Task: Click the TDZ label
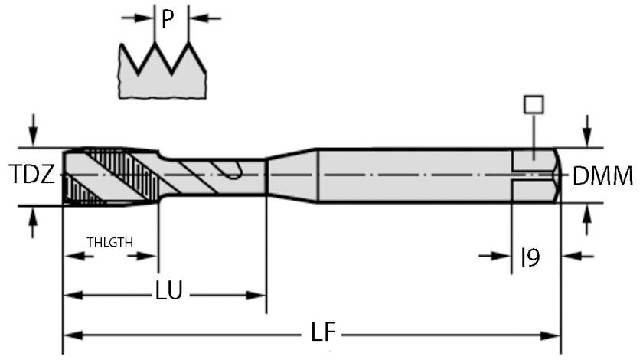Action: [31, 176]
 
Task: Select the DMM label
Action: [603, 177]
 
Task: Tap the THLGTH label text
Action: [109, 242]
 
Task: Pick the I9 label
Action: [530, 257]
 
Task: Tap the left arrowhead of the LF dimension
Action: [69, 335]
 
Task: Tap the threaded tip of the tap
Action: [107, 175]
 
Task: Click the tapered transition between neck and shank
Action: [291, 175]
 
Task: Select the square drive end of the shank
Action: [537, 175]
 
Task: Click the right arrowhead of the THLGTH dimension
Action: [151, 256]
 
